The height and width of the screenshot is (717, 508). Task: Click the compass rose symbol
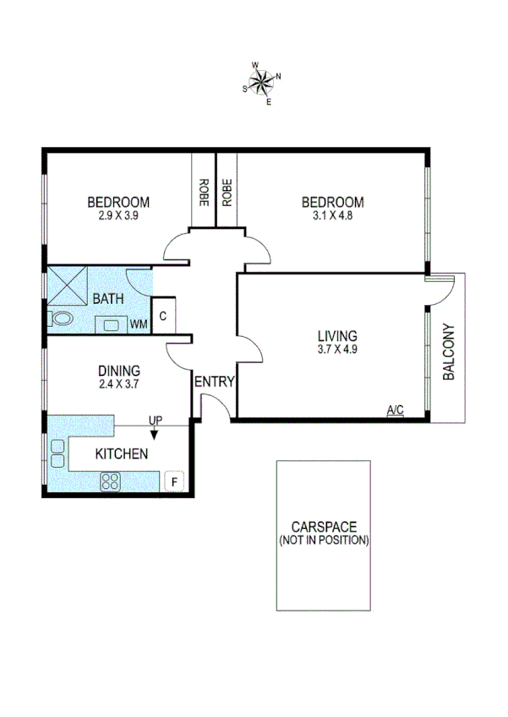tap(262, 82)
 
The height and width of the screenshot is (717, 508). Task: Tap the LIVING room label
tap(337, 335)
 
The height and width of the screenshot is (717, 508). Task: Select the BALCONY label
tap(449, 352)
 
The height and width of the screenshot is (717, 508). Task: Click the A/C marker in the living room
tap(395, 410)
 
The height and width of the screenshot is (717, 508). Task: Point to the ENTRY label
tap(214, 382)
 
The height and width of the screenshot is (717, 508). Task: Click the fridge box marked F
tap(174, 481)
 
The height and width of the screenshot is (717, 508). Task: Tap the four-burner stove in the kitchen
tap(112, 481)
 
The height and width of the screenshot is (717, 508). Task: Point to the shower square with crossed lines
tap(67, 285)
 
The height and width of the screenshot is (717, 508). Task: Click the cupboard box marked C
tap(163, 315)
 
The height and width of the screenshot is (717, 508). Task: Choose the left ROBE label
tap(204, 193)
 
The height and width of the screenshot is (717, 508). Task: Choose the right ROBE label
tap(227, 193)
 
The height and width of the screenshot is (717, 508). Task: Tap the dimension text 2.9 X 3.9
tap(118, 216)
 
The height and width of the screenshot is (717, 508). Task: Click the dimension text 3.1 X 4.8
tap(333, 216)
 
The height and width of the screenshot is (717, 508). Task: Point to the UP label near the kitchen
tap(156, 420)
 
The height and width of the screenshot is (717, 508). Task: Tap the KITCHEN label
tap(122, 454)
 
